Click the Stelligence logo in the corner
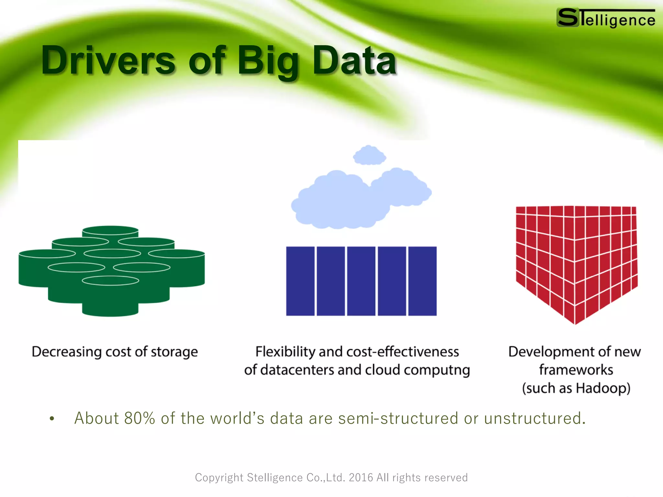pyautogui.click(x=606, y=18)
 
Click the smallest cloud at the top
pyautogui.click(x=369, y=155)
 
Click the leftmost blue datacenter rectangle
pyautogui.click(x=300, y=281)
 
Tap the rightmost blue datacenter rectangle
pyautogui.click(x=422, y=281)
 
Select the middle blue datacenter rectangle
pyautogui.click(x=361, y=281)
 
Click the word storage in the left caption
pyautogui.click(x=174, y=352)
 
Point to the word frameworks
pyautogui.click(x=576, y=370)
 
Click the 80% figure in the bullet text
pyautogui.click(x=140, y=418)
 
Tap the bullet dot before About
pyautogui.click(x=52, y=419)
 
